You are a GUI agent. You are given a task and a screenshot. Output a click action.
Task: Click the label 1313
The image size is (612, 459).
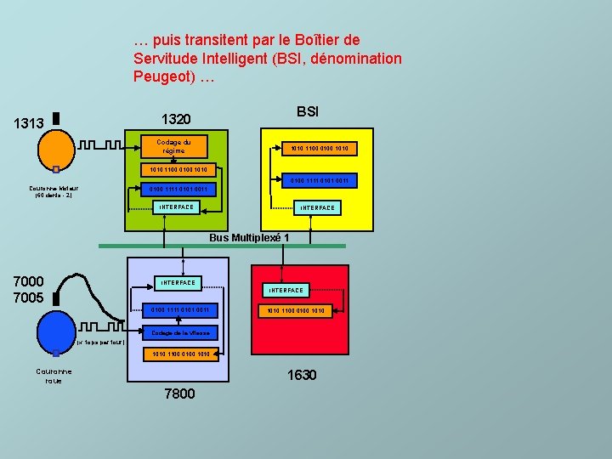29,123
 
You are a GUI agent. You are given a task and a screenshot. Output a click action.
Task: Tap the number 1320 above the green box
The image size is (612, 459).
176,118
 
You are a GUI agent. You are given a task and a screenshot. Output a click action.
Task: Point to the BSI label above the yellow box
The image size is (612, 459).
308,111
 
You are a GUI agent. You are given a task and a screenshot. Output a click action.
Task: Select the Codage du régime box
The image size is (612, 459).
173,146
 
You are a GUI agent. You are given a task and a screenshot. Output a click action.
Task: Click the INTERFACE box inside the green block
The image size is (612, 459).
176,207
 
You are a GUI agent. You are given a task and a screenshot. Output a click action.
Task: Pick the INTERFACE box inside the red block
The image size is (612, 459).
286,291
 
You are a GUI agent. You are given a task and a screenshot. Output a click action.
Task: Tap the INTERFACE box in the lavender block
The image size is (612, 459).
177,282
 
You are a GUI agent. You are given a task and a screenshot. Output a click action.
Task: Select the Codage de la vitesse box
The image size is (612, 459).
180,332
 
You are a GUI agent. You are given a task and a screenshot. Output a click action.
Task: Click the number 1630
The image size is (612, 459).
302,375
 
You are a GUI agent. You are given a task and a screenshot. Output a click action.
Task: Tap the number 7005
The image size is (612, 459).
29,297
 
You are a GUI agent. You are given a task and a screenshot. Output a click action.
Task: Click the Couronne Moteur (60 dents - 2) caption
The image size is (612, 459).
53,191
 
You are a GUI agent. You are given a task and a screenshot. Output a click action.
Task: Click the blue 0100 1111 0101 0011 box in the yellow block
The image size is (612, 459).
320,180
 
